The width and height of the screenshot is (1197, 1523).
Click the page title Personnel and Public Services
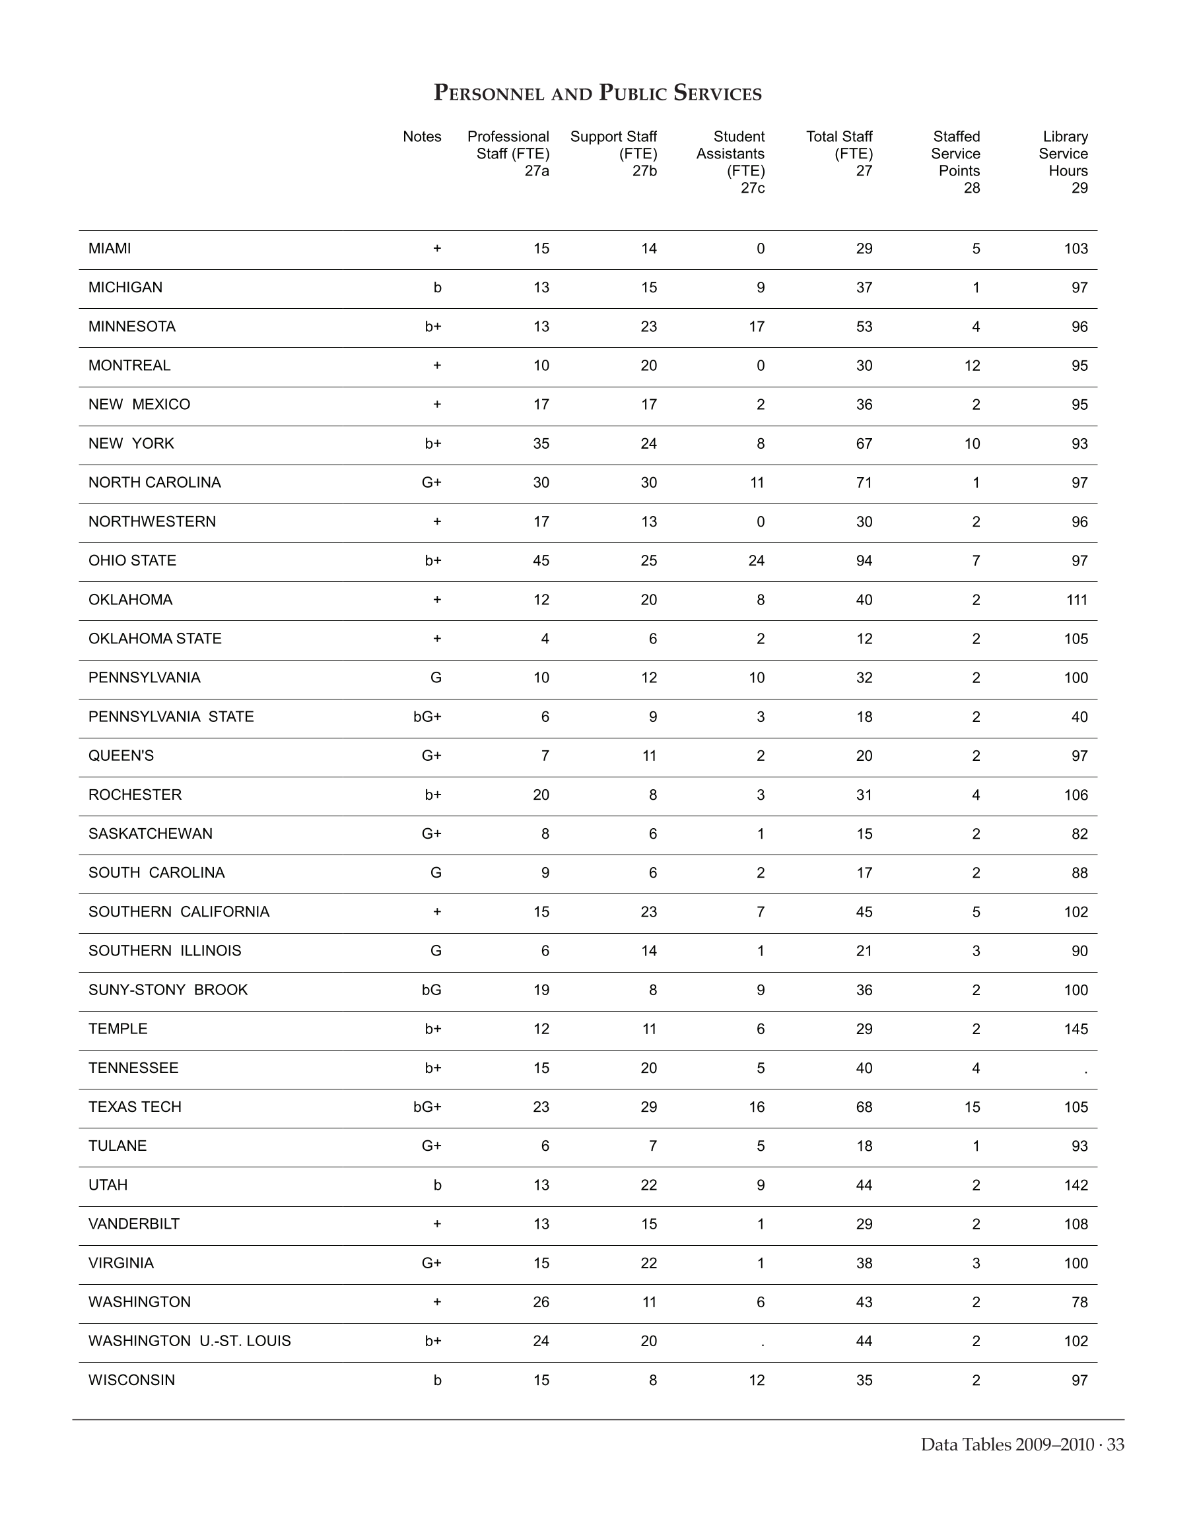[598, 92]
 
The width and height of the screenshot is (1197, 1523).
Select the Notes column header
[422, 137]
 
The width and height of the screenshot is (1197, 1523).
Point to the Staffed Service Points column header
[955, 162]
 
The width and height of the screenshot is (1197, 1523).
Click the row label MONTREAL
[129, 366]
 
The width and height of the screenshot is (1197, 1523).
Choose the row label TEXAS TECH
[135, 1107]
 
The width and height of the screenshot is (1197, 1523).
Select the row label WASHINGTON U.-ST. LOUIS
[189, 1341]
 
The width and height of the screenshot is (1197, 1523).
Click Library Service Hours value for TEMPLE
[1076, 1029]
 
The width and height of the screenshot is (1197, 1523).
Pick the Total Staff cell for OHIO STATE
[864, 560]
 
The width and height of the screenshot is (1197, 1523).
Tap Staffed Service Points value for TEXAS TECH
[971, 1107]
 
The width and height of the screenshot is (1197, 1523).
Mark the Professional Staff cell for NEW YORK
[540, 443]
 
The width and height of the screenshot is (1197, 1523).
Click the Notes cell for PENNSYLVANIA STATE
[428, 717]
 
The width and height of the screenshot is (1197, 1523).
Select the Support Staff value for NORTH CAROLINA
[648, 482]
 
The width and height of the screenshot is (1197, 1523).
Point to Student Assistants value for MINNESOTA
[756, 327]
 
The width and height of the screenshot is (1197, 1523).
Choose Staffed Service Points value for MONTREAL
[971, 366]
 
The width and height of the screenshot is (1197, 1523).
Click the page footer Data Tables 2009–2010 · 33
[1022, 1444]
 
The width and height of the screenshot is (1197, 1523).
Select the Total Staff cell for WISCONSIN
[864, 1380]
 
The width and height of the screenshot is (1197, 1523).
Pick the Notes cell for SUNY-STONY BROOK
[431, 990]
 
